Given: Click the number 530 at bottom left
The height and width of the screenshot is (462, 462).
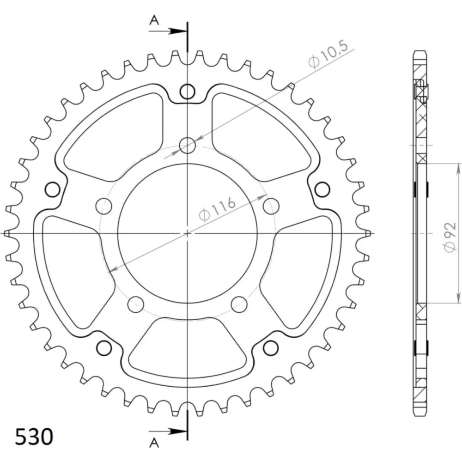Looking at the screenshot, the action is (34, 437).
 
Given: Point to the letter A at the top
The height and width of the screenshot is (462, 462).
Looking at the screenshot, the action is (154, 20).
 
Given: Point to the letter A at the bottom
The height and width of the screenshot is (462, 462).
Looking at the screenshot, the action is (154, 443).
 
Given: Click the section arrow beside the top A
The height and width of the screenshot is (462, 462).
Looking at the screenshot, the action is (168, 30).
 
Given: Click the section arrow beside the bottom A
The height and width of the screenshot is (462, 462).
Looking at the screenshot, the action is (168, 432).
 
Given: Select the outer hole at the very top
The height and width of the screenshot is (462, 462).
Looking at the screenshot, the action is (188, 91).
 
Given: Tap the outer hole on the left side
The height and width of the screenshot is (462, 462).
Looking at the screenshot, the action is (53, 189).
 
